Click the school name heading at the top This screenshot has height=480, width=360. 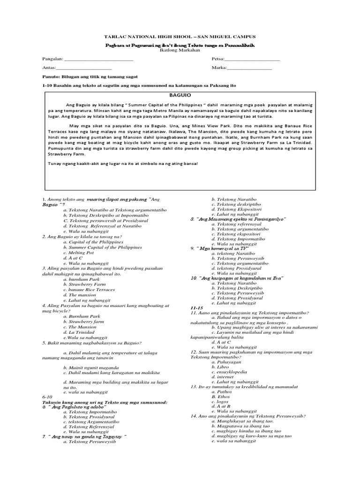tap(180, 37)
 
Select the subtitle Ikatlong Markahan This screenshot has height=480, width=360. tap(180, 50)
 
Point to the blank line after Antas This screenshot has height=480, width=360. tap(84, 68)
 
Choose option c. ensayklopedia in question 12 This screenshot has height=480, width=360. tap(229, 371)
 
